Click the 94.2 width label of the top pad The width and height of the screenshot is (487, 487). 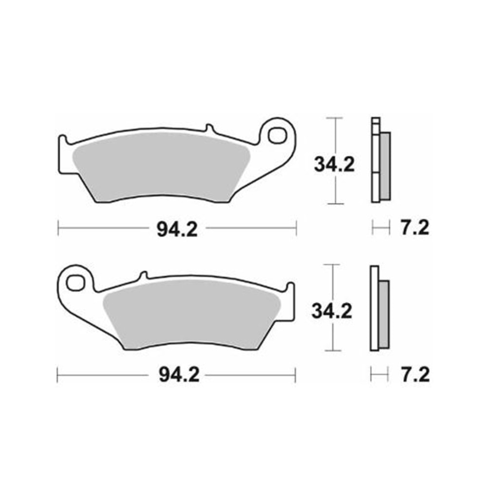177,227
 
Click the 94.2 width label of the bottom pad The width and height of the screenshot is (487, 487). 177,375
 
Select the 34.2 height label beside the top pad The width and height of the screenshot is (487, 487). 334,165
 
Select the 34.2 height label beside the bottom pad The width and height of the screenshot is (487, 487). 332,311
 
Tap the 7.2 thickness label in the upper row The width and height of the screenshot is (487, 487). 415,227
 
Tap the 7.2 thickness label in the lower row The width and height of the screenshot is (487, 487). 415,375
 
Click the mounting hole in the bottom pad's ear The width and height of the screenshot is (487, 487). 75,281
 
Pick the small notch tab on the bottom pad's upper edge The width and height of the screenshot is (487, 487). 143,276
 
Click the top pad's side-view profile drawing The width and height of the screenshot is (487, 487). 380,161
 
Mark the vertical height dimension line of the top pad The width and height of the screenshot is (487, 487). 334,190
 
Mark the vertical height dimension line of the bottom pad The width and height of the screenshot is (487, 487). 332,336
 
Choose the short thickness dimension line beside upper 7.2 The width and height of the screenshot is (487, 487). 381,227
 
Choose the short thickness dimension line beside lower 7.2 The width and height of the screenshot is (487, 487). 380,375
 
